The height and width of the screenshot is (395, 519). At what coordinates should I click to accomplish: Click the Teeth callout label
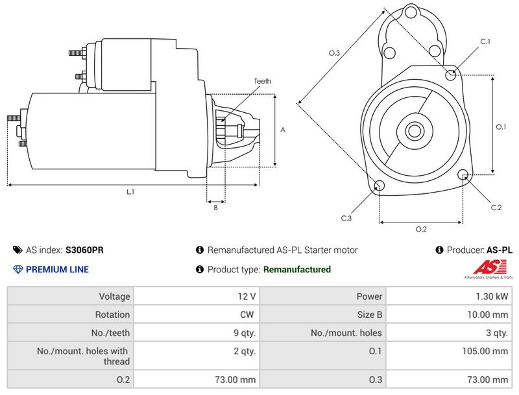point(262,81)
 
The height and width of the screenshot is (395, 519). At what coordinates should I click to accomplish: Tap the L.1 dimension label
point(130,191)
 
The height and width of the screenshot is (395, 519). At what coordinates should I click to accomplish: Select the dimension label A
point(283,130)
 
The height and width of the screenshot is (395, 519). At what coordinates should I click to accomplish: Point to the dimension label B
point(215,208)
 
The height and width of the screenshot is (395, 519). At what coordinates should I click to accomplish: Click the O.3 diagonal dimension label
point(335,53)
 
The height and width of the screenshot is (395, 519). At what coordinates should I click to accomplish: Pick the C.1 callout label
point(485,42)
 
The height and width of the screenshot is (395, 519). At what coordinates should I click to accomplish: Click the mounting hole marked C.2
point(463,174)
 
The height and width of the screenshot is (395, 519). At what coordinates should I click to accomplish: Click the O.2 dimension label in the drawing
point(420,229)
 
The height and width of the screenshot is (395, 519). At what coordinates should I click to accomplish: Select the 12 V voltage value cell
point(247,296)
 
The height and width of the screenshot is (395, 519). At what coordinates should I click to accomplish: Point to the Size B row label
point(370,315)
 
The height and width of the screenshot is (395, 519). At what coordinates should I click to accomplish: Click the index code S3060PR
point(84,250)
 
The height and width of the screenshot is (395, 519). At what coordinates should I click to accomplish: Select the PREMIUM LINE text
point(57,269)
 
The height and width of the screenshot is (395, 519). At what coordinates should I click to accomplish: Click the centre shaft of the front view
point(414,130)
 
